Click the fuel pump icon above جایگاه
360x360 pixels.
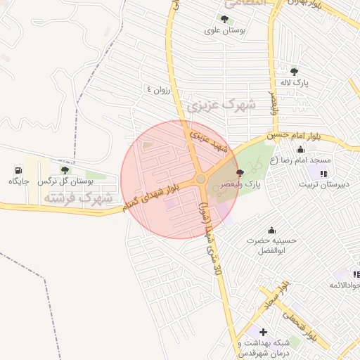(18, 170)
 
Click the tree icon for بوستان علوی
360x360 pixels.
(224, 20)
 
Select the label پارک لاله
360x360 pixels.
(295, 82)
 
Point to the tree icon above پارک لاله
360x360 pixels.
(294, 71)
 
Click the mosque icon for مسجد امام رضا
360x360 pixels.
(301, 149)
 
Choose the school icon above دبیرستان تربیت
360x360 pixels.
(323, 173)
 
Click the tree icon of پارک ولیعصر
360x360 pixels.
(240, 173)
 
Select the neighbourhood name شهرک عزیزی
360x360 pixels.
(221, 106)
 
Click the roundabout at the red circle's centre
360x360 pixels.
(201, 179)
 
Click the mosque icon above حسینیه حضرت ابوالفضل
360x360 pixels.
(271, 230)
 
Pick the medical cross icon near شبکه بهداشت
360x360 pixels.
(263, 332)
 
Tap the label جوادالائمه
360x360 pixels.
(345, 285)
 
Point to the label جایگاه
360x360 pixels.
(18, 181)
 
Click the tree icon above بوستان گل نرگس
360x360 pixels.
(65, 170)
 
